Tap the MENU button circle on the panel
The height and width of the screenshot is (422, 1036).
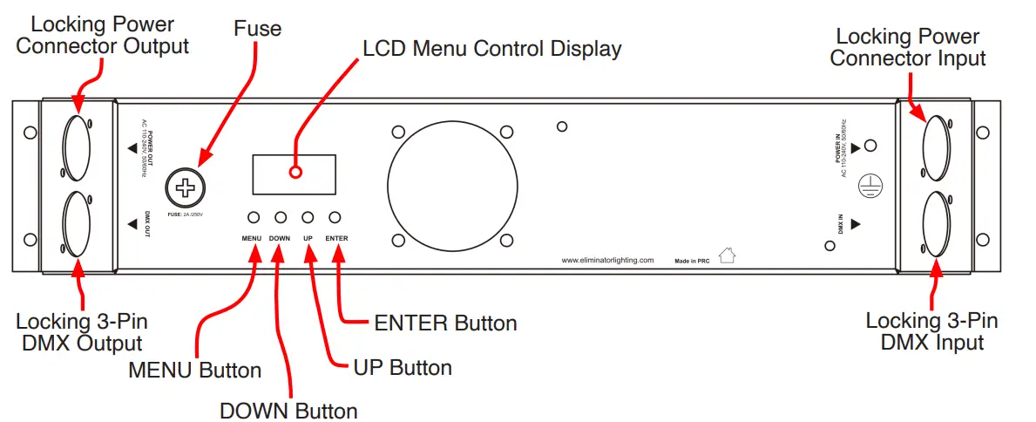pyautogui.click(x=254, y=217)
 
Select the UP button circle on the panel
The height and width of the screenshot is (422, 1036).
pyautogui.click(x=308, y=217)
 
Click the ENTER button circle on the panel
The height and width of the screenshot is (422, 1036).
pyautogui.click(x=335, y=217)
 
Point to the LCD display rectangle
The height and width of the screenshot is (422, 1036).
pyautogui.click(x=294, y=174)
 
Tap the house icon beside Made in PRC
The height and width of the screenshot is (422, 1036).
pyautogui.click(x=727, y=255)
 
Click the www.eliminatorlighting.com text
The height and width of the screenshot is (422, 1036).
pyautogui.click(x=607, y=260)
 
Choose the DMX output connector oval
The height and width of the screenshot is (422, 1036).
pyautogui.click(x=76, y=222)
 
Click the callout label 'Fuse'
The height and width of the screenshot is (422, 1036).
pyautogui.click(x=258, y=29)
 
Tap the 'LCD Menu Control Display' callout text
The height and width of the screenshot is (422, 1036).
pyautogui.click(x=492, y=48)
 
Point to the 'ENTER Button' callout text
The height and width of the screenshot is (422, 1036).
pyautogui.click(x=445, y=323)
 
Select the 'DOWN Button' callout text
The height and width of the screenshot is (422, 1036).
pyautogui.click(x=288, y=411)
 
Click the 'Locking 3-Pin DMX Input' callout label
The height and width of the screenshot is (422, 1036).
pyautogui.click(x=931, y=331)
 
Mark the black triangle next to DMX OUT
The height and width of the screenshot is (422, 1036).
pyautogui.click(x=132, y=224)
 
